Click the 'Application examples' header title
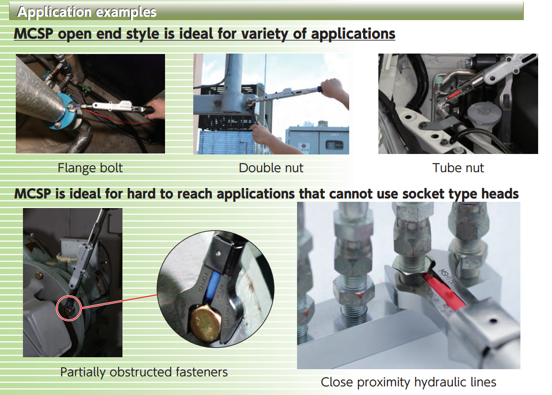pyautogui.click(x=87, y=12)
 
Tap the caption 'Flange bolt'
pyautogui.click(x=90, y=168)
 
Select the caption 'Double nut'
pyautogui.click(x=271, y=168)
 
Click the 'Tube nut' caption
pyautogui.click(x=458, y=168)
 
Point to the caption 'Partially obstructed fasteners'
pyautogui.click(x=144, y=372)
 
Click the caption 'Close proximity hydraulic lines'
pyautogui.click(x=408, y=382)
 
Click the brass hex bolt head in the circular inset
pyautogui.click(x=206, y=322)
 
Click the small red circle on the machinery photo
pyautogui.click(x=69, y=308)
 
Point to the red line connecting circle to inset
pyautogui.click(x=119, y=301)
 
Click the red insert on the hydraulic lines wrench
pyautogui.click(x=443, y=290)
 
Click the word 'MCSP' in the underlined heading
pyautogui.click(x=34, y=34)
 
